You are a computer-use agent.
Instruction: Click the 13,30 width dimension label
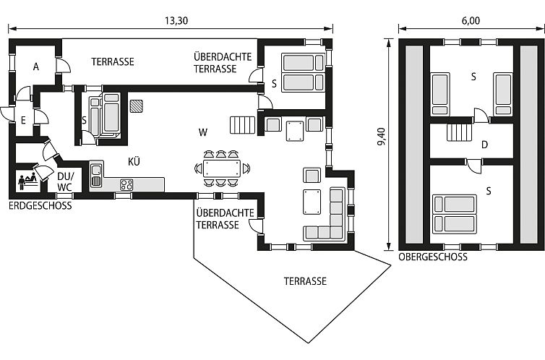click(x=176, y=21)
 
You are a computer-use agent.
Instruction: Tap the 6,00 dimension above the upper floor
click(x=471, y=21)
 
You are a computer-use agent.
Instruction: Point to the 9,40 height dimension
click(x=382, y=137)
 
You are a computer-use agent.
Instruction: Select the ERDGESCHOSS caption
click(x=40, y=206)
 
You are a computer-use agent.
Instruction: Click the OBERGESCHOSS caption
click(x=433, y=257)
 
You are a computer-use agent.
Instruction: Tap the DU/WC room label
click(x=65, y=181)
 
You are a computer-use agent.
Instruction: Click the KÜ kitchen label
click(x=134, y=162)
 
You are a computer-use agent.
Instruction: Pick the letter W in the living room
click(x=203, y=132)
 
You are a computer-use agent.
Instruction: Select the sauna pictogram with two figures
click(x=28, y=180)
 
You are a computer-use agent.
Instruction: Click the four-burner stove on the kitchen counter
click(x=126, y=184)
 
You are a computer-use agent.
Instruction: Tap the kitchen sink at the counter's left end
click(x=96, y=176)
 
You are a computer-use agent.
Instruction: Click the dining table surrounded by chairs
click(x=221, y=168)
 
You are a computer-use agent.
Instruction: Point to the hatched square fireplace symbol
click(x=136, y=106)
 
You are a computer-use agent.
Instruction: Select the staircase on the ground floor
click(x=242, y=125)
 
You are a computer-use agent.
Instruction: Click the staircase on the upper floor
click(x=460, y=132)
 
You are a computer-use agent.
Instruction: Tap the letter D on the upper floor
click(x=484, y=145)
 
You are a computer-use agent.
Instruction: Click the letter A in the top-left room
click(x=36, y=67)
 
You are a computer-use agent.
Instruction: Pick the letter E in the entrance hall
click(x=23, y=121)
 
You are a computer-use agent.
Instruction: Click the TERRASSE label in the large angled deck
click(x=305, y=281)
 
